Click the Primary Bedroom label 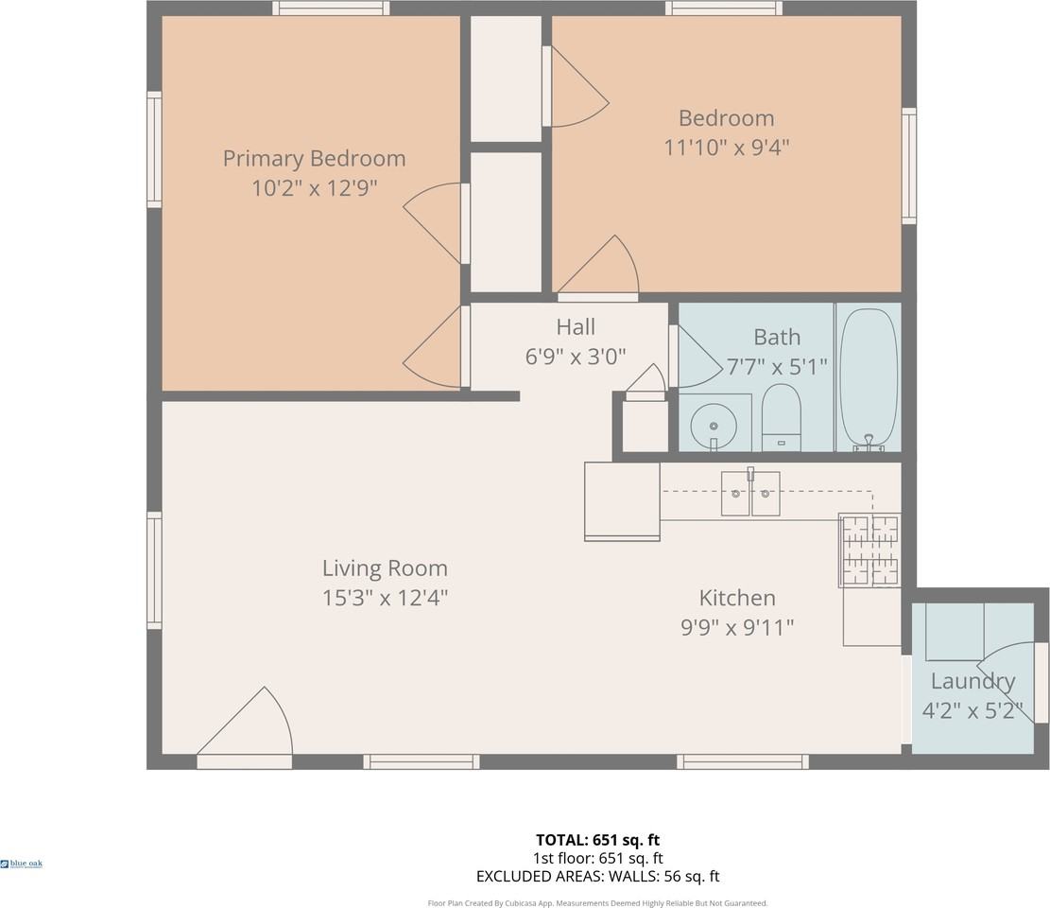(314, 158)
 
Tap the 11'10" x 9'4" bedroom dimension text (726, 148)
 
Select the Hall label (575, 327)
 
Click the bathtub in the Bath (868, 376)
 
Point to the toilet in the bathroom (781, 417)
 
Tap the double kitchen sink (750, 493)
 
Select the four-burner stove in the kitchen (869, 550)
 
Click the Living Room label (385, 568)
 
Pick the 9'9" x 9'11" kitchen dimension (736, 626)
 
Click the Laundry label (973, 681)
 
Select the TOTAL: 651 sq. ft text (597, 840)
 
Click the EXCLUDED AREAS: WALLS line (597, 877)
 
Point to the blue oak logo (22, 864)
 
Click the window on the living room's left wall (154, 570)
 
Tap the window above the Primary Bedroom (331, 9)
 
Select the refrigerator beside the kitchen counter (622, 500)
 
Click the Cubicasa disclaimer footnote (597, 903)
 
